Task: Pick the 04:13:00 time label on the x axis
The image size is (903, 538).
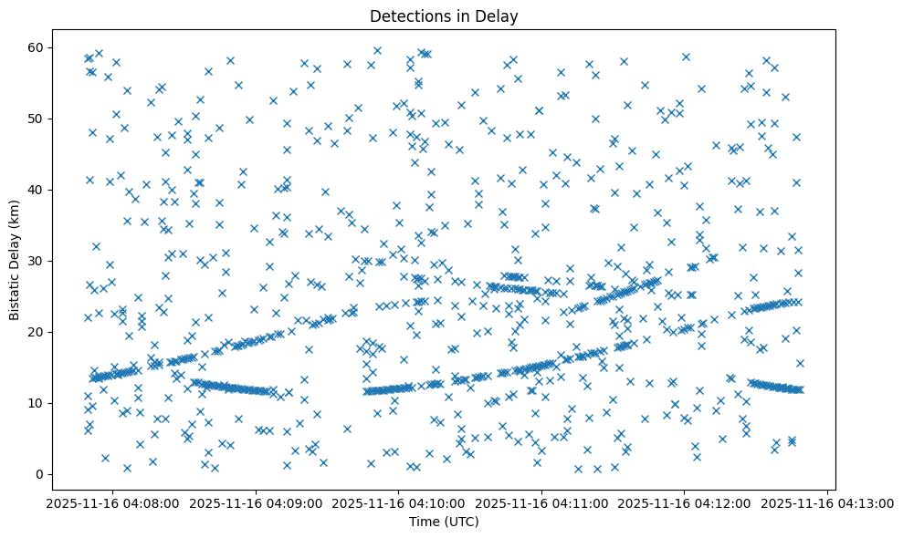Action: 828,503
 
